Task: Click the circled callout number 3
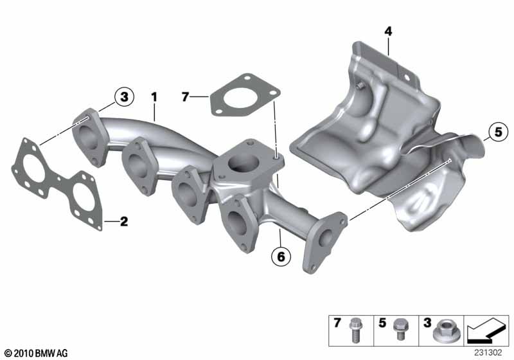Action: (124, 97)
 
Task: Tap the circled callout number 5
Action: (498, 132)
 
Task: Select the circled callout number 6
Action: (281, 256)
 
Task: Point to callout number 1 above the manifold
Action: (154, 97)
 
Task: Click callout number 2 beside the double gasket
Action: (124, 222)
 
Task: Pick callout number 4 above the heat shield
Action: (388, 32)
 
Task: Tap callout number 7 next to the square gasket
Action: (185, 97)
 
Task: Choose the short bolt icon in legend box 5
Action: (399, 329)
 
